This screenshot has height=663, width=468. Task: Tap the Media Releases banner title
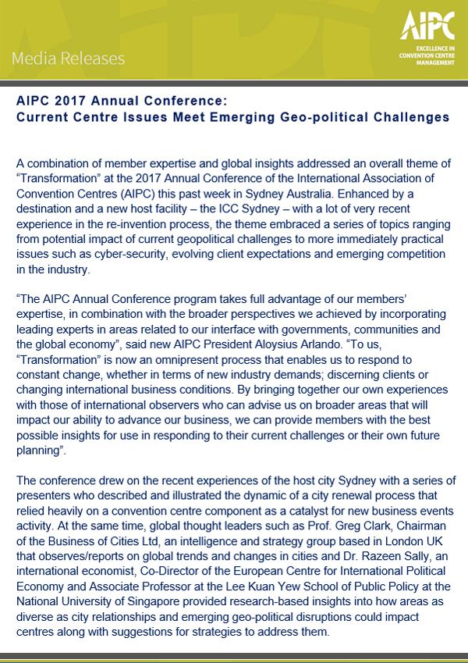69,59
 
